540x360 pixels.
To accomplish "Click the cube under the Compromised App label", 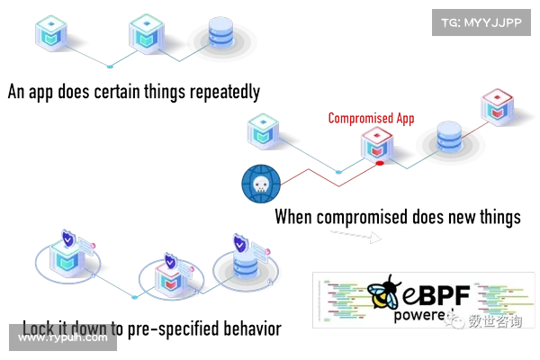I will click(375, 144).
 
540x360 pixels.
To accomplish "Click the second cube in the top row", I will click(146, 32).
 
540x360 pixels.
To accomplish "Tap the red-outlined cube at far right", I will click(496, 105).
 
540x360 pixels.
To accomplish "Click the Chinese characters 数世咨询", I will click(494, 319).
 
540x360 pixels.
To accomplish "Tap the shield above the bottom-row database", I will click(240, 244).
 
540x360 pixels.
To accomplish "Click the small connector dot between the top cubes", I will click(109, 66).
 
